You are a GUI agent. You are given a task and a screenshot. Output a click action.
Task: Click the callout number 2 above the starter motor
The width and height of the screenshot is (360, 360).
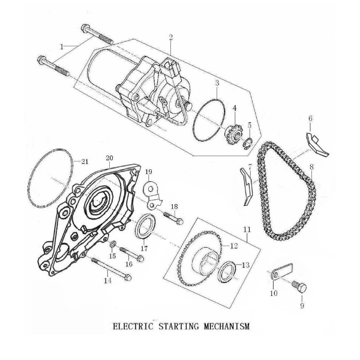tap(170, 37)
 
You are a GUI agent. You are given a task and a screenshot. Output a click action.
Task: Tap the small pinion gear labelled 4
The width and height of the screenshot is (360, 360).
tap(233, 134)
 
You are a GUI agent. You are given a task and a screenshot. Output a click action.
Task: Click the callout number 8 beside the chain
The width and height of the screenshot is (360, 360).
tap(311, 167)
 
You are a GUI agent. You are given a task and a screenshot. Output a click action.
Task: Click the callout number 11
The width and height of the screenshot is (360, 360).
tap(247, 230)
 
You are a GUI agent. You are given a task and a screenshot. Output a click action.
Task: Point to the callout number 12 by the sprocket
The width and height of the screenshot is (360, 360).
tap(233, 246)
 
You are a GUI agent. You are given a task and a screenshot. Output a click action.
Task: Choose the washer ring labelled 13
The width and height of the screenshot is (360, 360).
tap(227, 272)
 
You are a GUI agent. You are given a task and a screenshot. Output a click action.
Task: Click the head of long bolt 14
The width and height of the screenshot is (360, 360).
tap(128, 278)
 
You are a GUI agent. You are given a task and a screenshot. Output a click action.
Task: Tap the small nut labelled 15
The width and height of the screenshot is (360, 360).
tap(113, 245)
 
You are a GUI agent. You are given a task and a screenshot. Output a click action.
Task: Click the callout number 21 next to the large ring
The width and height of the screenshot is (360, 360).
tap(85, 161)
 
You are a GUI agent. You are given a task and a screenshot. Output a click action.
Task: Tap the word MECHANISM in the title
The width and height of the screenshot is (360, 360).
tap(226, 326)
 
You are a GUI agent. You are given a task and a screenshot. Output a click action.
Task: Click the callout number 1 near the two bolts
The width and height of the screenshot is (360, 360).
tap(62, 47)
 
